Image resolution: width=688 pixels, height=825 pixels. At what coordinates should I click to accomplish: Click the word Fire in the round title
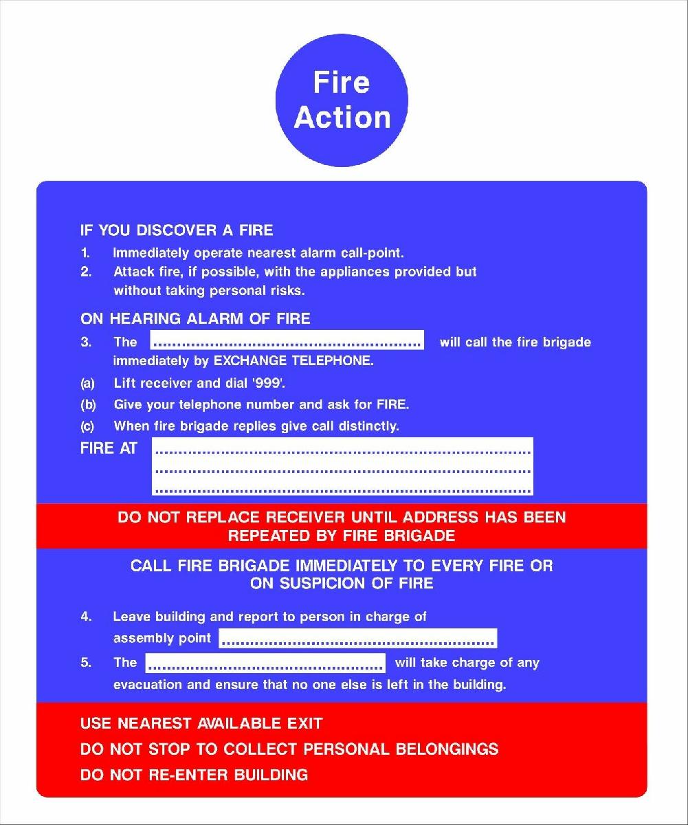click(342, 82)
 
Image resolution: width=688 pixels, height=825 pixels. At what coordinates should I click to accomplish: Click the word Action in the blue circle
click(342, 117)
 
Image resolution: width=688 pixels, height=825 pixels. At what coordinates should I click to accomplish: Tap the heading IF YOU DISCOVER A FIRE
click(177, 230)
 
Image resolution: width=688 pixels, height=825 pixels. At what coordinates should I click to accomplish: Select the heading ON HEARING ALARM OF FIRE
click(195, 318)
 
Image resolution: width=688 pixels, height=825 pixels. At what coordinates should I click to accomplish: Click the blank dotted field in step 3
click(287, 341)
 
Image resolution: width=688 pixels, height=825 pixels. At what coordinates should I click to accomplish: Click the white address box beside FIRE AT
click(342, 466)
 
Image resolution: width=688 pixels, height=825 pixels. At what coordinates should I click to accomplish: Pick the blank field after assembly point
click(357, 638)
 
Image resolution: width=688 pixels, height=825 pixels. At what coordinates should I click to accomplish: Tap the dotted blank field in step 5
click(265, 663)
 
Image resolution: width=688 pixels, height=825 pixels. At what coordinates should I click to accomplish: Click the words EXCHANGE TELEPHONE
click(293, 361)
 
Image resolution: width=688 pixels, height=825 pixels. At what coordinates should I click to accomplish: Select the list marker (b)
click(88, 405)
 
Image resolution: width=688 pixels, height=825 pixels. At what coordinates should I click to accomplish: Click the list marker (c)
click(88, 426)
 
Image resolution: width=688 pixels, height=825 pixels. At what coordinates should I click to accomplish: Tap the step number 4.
click(86, 617)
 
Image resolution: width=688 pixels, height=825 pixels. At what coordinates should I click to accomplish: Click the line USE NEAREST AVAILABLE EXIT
click(201, 723)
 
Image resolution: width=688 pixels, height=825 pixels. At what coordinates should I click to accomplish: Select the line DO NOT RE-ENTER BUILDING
click(194, 775)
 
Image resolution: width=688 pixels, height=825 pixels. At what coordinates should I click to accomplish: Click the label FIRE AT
click(109, 449)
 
